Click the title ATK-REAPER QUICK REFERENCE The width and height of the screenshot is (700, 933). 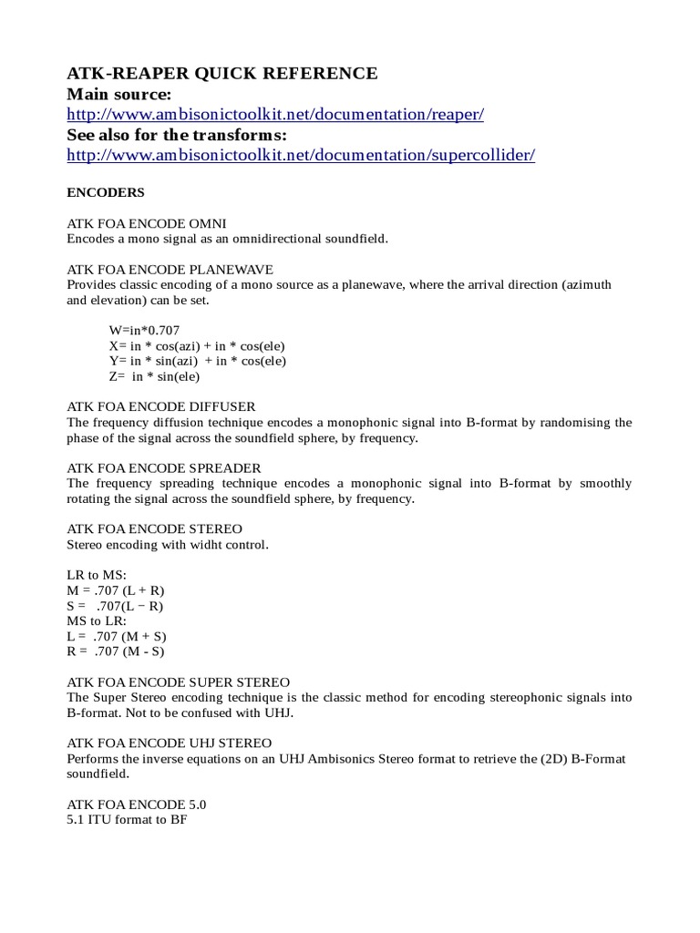[222, 74]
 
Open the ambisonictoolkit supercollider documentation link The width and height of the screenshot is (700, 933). [301, 155]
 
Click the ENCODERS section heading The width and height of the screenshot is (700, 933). [106, 193]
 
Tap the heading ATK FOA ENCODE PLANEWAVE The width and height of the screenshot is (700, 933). [170, 269]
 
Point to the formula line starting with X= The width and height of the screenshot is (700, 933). [197, 345]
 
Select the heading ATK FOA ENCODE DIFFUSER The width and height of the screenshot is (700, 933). [161, 406]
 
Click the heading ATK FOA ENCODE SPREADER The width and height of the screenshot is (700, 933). [164, 467]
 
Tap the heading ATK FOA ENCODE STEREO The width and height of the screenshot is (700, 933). [155, 528]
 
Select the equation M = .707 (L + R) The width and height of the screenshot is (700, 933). [116, 590]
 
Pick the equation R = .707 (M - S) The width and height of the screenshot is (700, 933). [116, 651]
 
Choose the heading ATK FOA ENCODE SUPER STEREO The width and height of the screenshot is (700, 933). [179, 682]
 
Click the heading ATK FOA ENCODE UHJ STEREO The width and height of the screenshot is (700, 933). [170, 743]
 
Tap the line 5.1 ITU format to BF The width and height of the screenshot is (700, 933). [127, 820]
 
